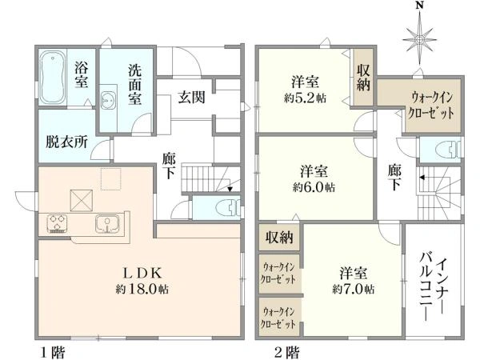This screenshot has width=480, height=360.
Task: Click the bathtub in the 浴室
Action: pos(53,76)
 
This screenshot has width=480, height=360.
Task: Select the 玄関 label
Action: pos(192,98)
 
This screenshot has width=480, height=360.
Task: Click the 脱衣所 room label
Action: pos(66,142)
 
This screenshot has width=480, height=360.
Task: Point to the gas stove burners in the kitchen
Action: pos(58,223)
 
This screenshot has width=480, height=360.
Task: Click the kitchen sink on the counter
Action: pos(107,224)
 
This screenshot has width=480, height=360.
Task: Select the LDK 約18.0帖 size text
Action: pos(142,289)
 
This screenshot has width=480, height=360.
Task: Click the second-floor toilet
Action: pos(451,149)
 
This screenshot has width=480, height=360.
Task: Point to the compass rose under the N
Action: pos(419,39)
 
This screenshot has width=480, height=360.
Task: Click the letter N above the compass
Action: pos(420,6)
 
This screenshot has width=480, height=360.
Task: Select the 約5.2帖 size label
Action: pos(305,98)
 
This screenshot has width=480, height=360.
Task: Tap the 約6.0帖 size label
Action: pos(314,186)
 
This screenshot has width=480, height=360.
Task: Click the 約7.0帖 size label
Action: pos(354,289)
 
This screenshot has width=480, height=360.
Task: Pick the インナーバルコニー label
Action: pos(433,286)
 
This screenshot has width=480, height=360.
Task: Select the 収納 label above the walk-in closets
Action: pos(279,237)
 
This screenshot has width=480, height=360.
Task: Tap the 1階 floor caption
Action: pos(53,352)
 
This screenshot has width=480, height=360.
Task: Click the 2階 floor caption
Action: pos(286,352)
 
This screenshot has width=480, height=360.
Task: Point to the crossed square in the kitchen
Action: pos(82,201)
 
